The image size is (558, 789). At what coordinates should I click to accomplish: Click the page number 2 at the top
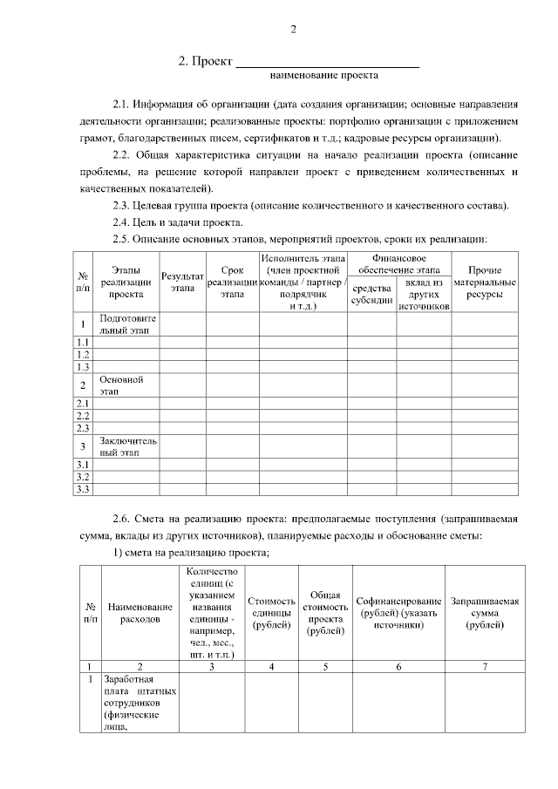coord(294,31)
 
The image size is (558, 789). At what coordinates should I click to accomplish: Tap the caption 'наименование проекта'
coord(323,77)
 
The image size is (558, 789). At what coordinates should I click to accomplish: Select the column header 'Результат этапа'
coord(182,281)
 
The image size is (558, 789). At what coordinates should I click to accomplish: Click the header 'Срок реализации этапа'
coord(232,281)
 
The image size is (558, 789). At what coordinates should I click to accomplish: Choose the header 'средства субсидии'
coord(371,294)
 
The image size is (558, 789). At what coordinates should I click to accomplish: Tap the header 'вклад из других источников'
coord(423,295)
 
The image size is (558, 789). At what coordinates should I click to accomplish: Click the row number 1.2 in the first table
coord(84,355)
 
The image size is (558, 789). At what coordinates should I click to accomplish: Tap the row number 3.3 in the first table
coord(84,489)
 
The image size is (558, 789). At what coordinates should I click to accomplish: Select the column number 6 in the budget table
coord(398,666)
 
